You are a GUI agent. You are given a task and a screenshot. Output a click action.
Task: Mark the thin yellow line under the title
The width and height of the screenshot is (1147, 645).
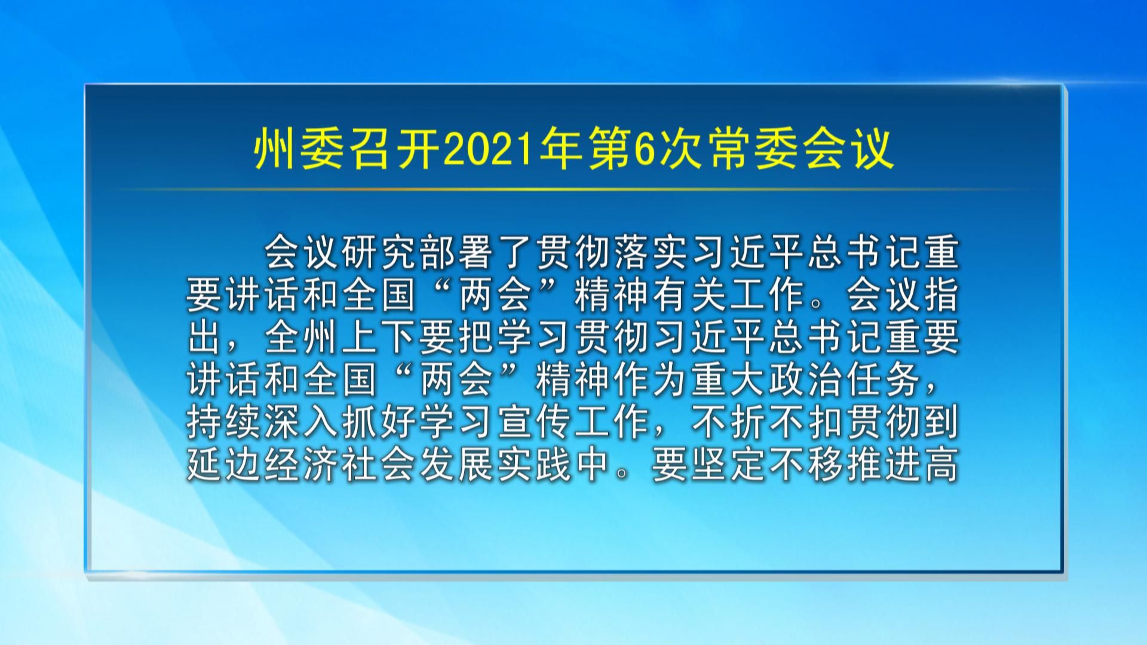pos(573,189)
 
